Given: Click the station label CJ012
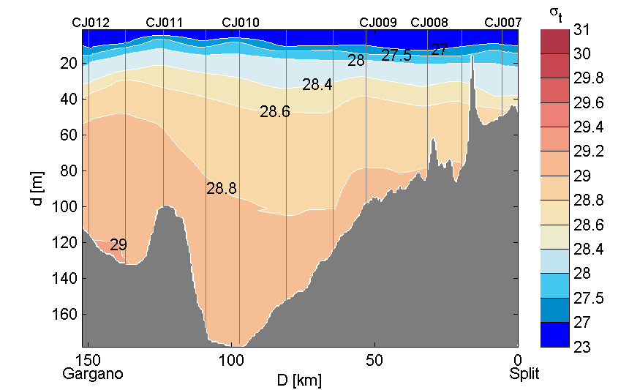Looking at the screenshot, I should click(91, 23).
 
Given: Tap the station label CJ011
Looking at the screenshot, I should click(165, 23).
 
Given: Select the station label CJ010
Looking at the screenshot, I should click(240, 23).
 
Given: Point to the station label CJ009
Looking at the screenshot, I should click(378, 23).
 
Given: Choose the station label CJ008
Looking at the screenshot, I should click(429, 23).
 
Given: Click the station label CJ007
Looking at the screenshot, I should click(503, 23).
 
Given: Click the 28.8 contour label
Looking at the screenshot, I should click(222, 189).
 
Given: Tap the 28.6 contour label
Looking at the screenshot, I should click(275, 112).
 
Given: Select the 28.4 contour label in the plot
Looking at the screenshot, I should click(317, 85).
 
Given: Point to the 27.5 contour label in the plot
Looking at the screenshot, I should click(396, 56).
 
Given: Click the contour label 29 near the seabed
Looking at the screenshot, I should click(118, 246).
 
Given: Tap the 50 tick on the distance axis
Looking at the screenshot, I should click(374, 360).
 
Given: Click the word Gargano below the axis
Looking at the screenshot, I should click(93, 374).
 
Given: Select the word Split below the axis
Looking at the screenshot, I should click(524, 374).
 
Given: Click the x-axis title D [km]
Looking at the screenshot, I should click(298, 380).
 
